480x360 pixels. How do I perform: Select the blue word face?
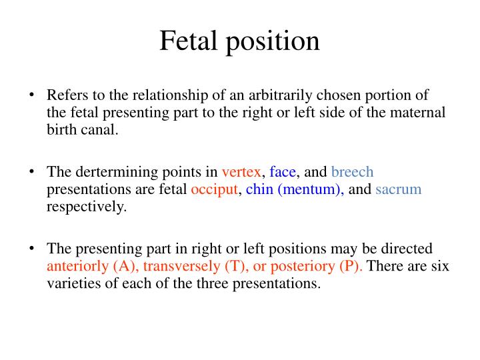pos(283,172)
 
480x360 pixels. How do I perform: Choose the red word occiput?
pos(214,189)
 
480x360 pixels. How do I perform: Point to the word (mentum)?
pos(311,190)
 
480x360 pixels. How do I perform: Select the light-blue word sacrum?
pos(399,189)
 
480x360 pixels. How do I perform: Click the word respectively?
pos(86,207)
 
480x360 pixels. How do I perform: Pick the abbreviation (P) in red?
pos(351,267)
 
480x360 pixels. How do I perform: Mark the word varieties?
pos(74,284)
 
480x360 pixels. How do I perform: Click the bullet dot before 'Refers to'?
pos(31,95)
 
